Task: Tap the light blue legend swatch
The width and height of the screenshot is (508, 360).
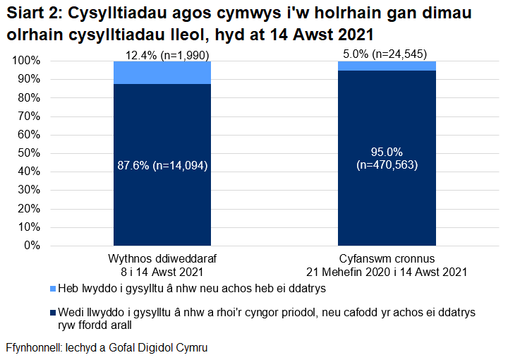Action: click(54, 288)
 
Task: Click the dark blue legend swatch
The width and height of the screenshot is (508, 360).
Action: click(54, 311)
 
